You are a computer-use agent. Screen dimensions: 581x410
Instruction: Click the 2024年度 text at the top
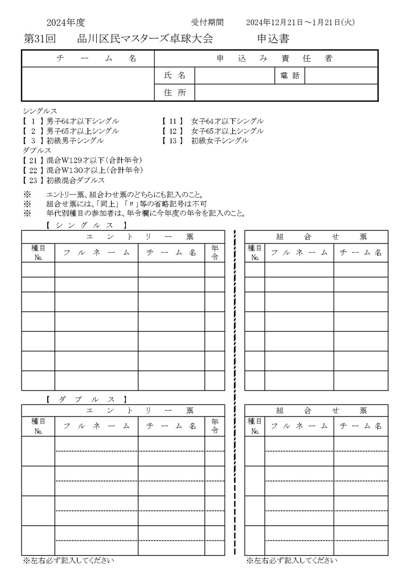(66, 22)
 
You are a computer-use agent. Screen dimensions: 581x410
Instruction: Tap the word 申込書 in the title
(273, 39)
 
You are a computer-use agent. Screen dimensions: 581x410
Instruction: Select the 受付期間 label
(207, 22)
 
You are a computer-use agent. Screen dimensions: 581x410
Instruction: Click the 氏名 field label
(174, 76)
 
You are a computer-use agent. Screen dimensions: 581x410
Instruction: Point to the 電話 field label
(290, 76)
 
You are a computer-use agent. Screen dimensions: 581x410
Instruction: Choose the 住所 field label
(174, 93)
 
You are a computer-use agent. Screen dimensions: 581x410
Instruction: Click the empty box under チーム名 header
(88, 84)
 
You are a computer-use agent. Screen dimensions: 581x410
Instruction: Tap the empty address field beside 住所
(286, 93)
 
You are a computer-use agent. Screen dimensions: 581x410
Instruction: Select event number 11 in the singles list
(172, 122)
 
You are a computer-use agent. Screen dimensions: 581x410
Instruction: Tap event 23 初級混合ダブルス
(64, 180)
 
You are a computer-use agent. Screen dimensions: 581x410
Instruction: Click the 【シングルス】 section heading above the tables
(86, 225)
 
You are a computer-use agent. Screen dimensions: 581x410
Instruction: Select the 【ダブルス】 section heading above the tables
(86, 399)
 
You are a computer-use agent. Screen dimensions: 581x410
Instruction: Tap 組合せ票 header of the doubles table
(316, 411)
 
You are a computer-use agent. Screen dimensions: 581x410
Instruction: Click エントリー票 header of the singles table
(123, 237)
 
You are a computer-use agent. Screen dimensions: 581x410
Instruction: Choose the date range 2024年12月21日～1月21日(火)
(300, 22)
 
